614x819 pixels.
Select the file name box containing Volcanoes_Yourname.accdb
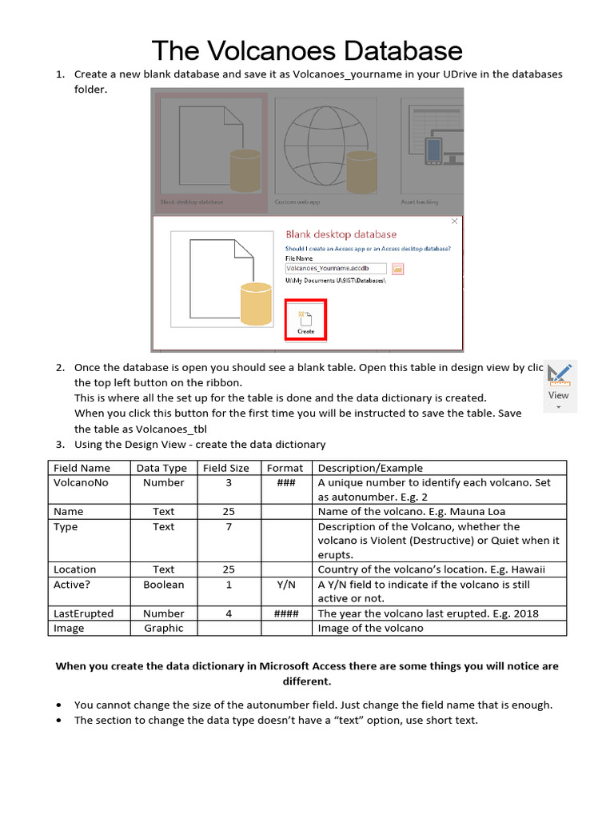tap(336, 270)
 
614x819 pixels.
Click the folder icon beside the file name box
tap(397, 270)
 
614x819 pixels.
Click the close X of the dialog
tap(454, 222)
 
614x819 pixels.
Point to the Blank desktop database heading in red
tap(341, 234)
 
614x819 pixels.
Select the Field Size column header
tap(226, 468)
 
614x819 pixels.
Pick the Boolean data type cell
tap(163, 585)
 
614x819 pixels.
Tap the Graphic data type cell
tap(163, 629)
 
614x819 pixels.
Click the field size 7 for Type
tap(229, 527)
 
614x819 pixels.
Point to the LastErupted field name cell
tap(83, 614)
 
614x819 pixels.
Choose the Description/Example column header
tap(370, 468)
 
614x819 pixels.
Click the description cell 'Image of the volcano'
tap(370, 629)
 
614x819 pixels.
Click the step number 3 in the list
tap(60, 445)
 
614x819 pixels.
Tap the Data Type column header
tap(161, 468)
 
